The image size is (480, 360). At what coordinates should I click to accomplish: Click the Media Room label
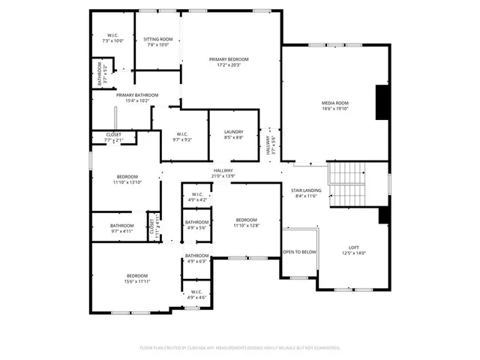point(335,106)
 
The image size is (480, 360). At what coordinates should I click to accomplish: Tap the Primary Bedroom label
point(229,61)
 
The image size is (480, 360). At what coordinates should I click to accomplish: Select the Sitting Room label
point(158,42)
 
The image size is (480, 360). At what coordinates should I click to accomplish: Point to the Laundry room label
point(233,135)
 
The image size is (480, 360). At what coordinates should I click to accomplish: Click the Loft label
point(353,250)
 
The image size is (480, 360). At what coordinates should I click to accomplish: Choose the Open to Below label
point(299,252)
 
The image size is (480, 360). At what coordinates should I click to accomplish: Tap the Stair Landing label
point(306,193)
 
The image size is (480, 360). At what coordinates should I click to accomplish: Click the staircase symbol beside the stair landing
point(346,184)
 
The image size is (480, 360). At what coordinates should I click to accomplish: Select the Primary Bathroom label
point(137,97)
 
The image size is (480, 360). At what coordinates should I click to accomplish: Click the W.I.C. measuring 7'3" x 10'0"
point(112,37)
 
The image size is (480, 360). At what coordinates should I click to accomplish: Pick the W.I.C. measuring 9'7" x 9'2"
point(183,136)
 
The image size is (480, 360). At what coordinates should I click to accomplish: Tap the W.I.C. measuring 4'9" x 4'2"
point(196,197)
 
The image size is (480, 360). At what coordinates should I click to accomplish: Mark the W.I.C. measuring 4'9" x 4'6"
point(196,295)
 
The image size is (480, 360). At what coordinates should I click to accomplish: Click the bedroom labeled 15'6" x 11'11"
point(137,278)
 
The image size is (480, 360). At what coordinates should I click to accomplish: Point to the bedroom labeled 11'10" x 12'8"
point(245,222)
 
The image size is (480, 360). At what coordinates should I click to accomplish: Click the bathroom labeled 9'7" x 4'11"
point(121,229)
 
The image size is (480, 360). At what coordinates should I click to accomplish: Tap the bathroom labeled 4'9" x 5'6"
point(196,225)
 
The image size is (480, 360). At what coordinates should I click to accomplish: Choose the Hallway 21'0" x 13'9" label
point(223,173)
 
